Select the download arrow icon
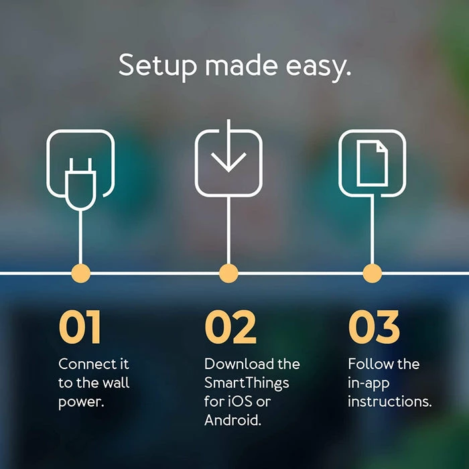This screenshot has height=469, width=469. [x=228, y=158]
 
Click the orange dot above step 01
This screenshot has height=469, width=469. [x=80, y=273]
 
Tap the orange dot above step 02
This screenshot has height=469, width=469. [x=228, y=273]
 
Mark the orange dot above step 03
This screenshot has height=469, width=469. [x=372, y=273]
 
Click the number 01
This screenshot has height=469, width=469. [x=80, y=328]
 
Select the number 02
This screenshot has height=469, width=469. [x=230, y=328]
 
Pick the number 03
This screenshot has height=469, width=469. [x=374, y=328]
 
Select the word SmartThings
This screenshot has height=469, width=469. [x=246, y=384]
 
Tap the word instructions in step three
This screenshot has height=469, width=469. [x=389, y=403]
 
